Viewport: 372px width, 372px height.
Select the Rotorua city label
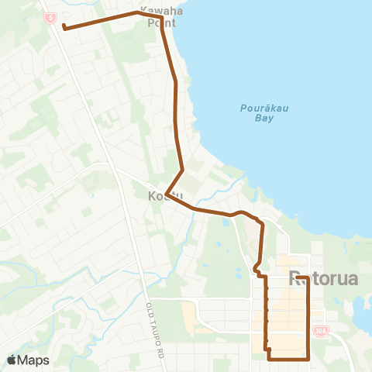tap(323, 278)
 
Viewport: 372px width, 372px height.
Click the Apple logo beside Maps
tap(12, 360)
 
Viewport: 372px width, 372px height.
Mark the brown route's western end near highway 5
tap(64, 29)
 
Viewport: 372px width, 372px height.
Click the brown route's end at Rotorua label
tap(298, 277)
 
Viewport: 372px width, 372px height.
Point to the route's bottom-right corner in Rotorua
tap(308, 358)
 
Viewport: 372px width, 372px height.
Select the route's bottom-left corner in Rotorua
tap(268, 358)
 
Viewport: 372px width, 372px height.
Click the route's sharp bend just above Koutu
tap(182, 170)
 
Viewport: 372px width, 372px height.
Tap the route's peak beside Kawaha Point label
tap(138, 12)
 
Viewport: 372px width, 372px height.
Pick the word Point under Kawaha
tap(161, 23)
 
